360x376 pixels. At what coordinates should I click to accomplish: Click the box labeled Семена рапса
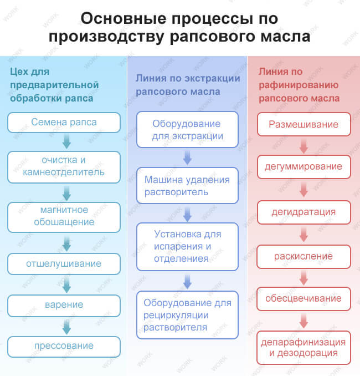pyautogui.click(x=64, y=123)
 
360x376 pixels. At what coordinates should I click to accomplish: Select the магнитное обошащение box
pyautogui.click(x=64, y=217)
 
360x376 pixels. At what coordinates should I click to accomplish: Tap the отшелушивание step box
pyautogui.click(x=64, y=264)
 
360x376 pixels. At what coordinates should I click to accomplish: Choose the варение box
pyautogui.click(x=64, y=306)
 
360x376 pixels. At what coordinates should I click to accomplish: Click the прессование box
pyautogui.click(x=64, y=347)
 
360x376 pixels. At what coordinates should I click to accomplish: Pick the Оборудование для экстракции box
pyautogui.click(x=187, y=129)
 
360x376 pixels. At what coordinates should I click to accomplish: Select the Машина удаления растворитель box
pyautogui.click(x=187, y=185)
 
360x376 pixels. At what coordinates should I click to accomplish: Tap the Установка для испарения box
pyautogui.click(x=187, y=247)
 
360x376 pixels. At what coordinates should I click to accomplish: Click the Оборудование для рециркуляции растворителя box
pyautogui.click(x=187, y=315)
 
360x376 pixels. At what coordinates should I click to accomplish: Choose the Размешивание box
pyautogui.click(x=304, y=124)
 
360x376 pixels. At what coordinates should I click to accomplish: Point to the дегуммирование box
pyautogui.click(x=304, y=167)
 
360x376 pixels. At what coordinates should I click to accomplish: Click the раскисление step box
pyautogui.click(x=304, y=257)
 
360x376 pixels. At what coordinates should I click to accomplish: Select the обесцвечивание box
pyautogui.click(x=304, y=299)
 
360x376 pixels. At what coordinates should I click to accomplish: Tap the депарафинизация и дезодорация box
pyautogui.click(x=304, y=348)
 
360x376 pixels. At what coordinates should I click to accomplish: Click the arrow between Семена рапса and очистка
pyautogui.click(x=66, y=141)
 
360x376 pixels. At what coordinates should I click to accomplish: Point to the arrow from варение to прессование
pyautogui.click(x=66, y=327)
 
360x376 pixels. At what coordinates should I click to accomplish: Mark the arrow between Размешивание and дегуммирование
pyautogui.click(x=304, y=146)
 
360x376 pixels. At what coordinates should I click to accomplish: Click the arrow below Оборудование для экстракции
pyautogui.click(x=187, y=157)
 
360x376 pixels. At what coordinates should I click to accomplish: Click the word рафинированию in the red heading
pyautogui.click(x=299, y=85)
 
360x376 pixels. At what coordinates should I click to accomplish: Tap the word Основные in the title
pyautogui.click(x=124, y=18)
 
